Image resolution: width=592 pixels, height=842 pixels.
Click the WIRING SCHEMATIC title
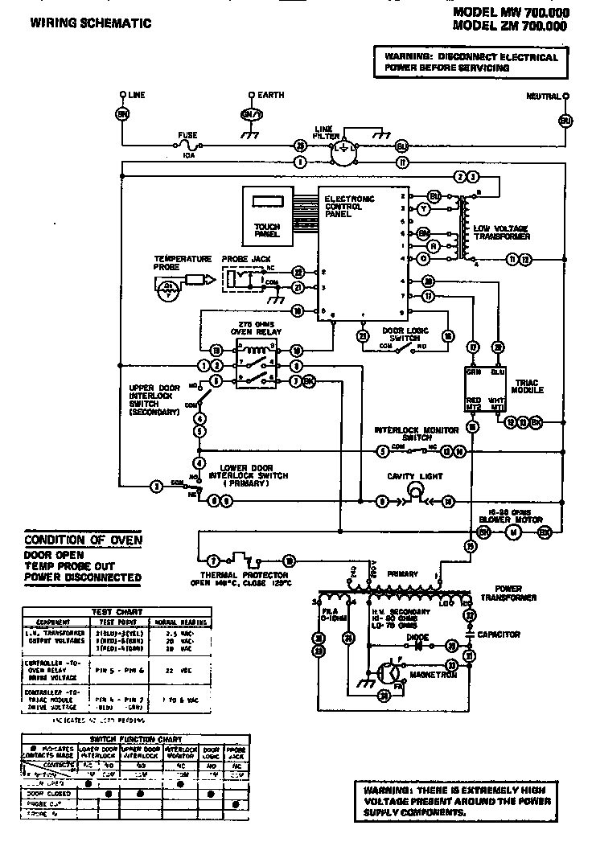[x=90, y=24]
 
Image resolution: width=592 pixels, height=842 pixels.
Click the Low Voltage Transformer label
[x=502, y=233]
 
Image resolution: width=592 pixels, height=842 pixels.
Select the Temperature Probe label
[x=183, y=263]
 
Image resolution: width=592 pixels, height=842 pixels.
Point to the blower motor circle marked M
[x=514, y=532]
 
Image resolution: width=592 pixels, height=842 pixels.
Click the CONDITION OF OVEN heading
[x=83, y=540]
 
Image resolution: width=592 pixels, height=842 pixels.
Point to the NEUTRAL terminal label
[x=544, y=96]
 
